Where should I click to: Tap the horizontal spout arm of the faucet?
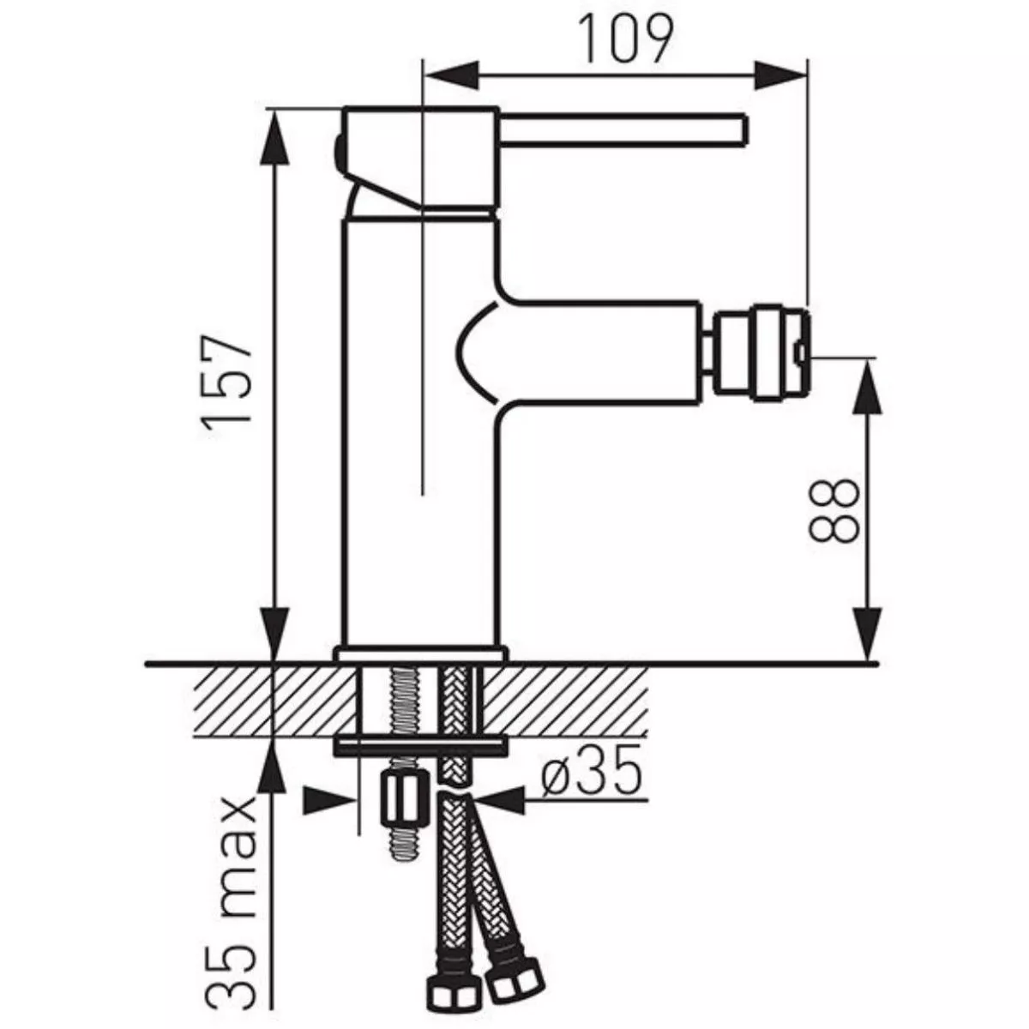[x=600, y=352]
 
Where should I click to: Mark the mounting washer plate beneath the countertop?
[x=419, y=746]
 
